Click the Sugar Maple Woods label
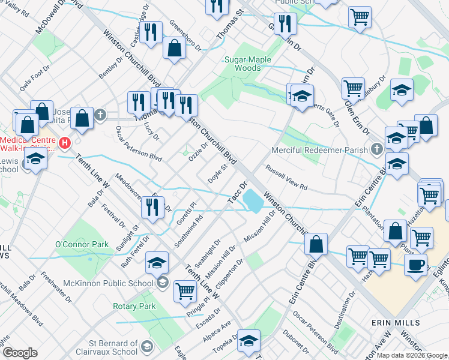(247, 64)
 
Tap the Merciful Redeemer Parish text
(319, 149)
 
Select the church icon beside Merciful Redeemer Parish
(376, 148)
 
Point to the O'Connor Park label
(82, 244)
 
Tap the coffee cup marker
(415, 265)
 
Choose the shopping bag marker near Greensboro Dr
(173, 50)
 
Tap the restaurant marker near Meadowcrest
(152, 207)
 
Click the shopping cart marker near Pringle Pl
(185, 292)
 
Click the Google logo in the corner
(19, 353)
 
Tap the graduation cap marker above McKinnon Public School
(157, 263)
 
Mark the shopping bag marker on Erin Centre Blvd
(316, 244)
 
